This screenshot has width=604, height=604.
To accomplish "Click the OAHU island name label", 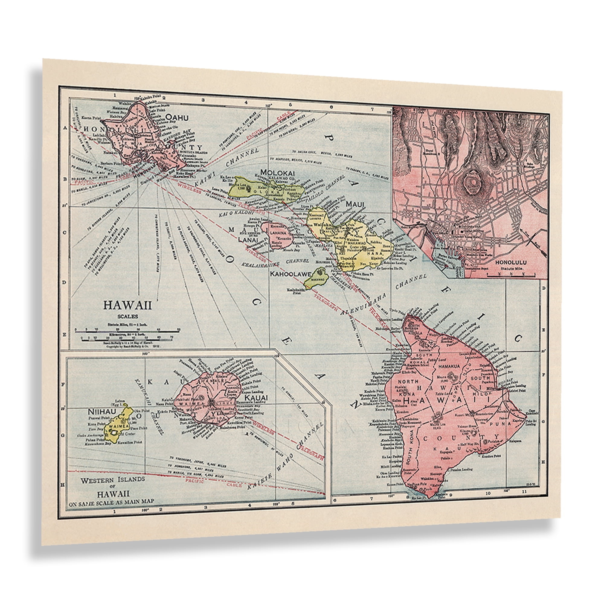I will pyautogui.click(x=177, y=118).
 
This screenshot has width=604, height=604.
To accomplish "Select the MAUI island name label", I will pyautogui.click(x=355, y=204).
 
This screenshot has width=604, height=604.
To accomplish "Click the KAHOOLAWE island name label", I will pyautogui.click(x=291, y=275).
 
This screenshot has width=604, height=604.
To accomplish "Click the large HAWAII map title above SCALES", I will pyautogui.click(x=127, y=305).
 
